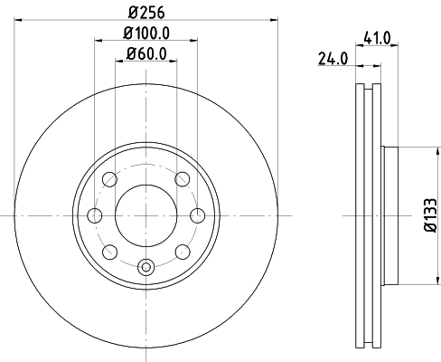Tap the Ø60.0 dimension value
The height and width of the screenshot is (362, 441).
point(146,52)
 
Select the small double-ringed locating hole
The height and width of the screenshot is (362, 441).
point(146,266)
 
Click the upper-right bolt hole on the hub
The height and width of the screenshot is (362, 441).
point(183,178)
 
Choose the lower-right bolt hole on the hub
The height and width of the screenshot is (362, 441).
point(183,251)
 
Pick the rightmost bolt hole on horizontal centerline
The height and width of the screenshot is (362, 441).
point(198,214)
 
